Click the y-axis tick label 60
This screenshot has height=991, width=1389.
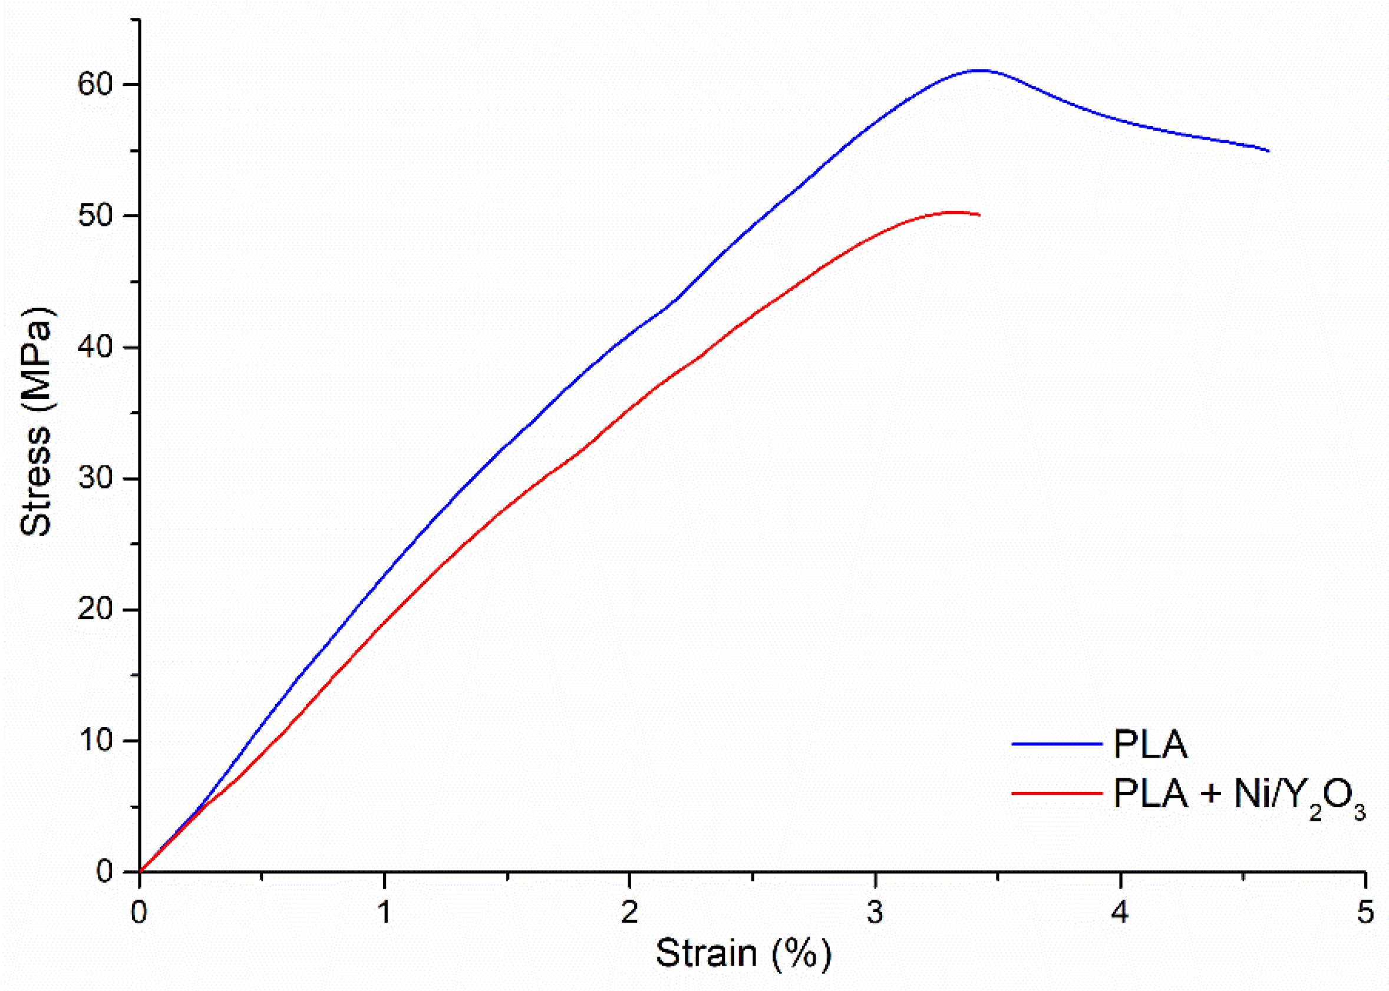point(95,84)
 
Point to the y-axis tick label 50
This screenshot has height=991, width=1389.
point(95,216)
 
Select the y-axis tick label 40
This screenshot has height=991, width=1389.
point(95,347)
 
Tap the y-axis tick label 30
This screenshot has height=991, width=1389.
point(95,478)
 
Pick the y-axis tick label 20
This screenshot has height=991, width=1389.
point(95,610)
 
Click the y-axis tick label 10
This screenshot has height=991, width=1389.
point(95,741)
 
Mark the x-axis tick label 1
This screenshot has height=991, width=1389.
point(384,912)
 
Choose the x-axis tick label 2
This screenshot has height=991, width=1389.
point(629,912)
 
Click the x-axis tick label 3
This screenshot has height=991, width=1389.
point(875,912)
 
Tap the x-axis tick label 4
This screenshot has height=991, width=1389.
point(1120,912)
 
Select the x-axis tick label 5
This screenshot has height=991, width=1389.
point(1366,912)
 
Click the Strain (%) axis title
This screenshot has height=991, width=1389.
point(743,953)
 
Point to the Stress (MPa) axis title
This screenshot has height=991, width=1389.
point(35,422)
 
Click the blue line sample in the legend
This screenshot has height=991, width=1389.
point(1057,744)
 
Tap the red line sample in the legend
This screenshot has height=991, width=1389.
point(1057,793)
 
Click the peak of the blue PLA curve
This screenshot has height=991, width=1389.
point(980,70)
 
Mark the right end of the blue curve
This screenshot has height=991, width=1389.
point(1268,151)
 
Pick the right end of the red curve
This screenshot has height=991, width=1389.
point(979,215)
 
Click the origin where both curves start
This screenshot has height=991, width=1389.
point(140,871)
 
